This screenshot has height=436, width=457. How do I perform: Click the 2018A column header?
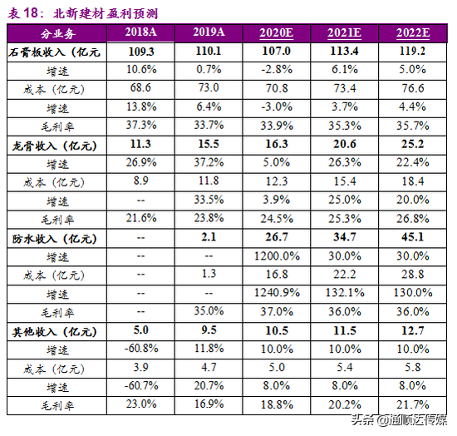(x=140, y=32)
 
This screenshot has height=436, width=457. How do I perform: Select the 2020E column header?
(x=277, y=32)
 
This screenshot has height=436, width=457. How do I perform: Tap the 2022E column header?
(x=413, y=32)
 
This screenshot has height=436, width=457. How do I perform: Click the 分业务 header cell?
(x=57, y=34)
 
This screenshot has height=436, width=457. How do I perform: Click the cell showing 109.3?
(x=141, y=52)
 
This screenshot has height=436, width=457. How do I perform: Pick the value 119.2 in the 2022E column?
(x=413, y=51)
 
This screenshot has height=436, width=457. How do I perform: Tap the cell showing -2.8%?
(x=277, y=70)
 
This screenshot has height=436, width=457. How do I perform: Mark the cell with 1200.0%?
(x=277, y=256)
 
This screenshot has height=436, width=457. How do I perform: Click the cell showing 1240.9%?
(x=277, y=293)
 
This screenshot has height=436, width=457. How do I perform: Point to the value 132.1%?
(x=345, y=293)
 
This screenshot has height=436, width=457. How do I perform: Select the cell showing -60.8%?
(x=141, y=349)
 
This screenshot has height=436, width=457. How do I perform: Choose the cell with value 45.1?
(x=413, y=237)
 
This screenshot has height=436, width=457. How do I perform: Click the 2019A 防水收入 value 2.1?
(x=209, y=237)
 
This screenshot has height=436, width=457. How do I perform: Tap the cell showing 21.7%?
(x=413, y=404)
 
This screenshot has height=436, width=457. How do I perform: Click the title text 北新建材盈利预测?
(x=106, y=14)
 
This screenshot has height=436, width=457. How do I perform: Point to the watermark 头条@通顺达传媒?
(x=399, y=420)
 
